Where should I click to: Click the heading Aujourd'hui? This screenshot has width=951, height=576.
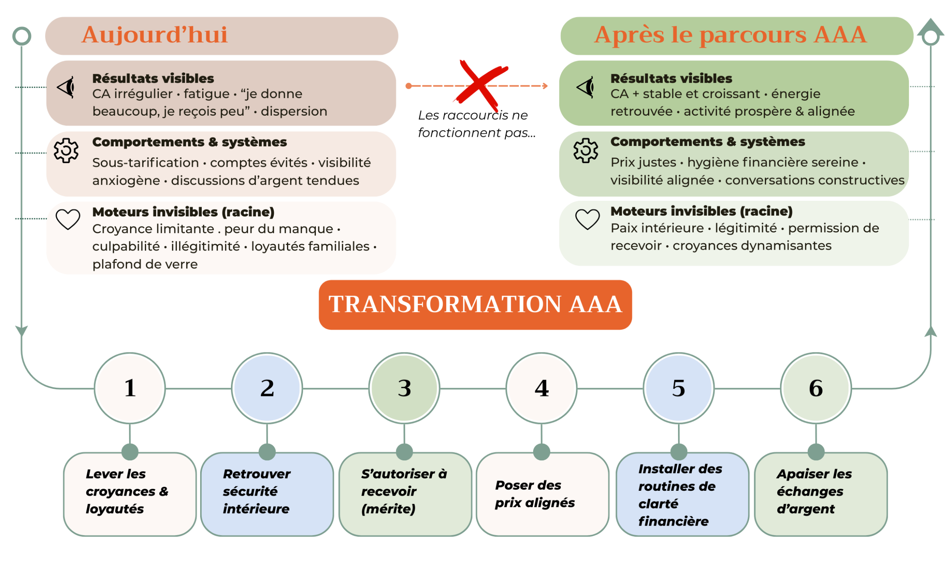coord(154,35)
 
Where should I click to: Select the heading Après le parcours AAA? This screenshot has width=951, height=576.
coord(730,35)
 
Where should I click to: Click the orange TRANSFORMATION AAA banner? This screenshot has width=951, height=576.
coord(475,304)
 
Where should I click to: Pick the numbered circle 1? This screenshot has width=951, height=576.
coord(130,388)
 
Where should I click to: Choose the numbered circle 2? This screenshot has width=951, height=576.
coord(267,388)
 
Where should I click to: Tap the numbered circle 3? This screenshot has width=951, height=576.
coord(404,388)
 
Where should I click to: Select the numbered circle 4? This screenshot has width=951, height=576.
coord(542,388)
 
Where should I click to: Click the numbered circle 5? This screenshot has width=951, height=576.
coord(679,388)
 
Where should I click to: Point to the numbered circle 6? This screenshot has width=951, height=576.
coord(816,388)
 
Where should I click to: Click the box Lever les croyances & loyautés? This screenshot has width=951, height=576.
coord(130,494)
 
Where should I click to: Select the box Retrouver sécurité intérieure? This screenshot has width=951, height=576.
coord(267,494)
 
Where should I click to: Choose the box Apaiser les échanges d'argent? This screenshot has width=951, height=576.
coord(821,494)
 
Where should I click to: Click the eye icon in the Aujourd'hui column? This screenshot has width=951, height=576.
coord(66,87)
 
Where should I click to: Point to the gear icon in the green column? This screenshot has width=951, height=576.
coord(586,150)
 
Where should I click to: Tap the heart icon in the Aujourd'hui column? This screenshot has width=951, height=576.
coord(68,219)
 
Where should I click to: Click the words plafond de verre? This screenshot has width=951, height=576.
coord(145,264)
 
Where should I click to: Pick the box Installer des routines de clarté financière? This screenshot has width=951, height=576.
coord(682,494)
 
